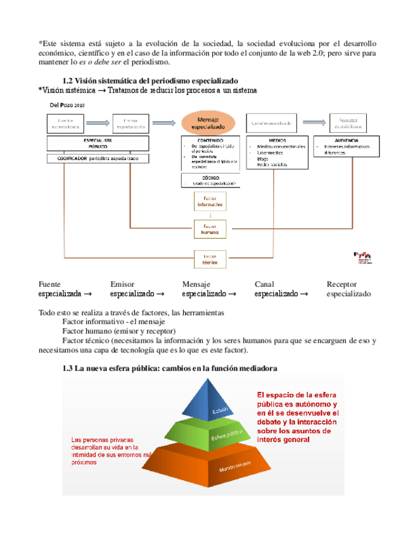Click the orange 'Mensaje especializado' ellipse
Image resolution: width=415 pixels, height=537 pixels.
(x=208, y=122)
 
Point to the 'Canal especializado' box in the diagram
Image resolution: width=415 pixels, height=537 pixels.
(x=272, y=123)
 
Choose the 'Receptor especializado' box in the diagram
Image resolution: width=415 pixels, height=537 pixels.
(x=350, y=123)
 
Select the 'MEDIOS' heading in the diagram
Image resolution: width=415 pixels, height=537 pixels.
(x=277, y=139)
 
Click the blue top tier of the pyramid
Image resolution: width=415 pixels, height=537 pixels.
(x=221, y=400)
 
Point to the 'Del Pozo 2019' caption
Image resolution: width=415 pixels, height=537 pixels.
(x=63, y=104)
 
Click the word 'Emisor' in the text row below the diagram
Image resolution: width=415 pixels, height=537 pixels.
(x=122, y=284)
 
